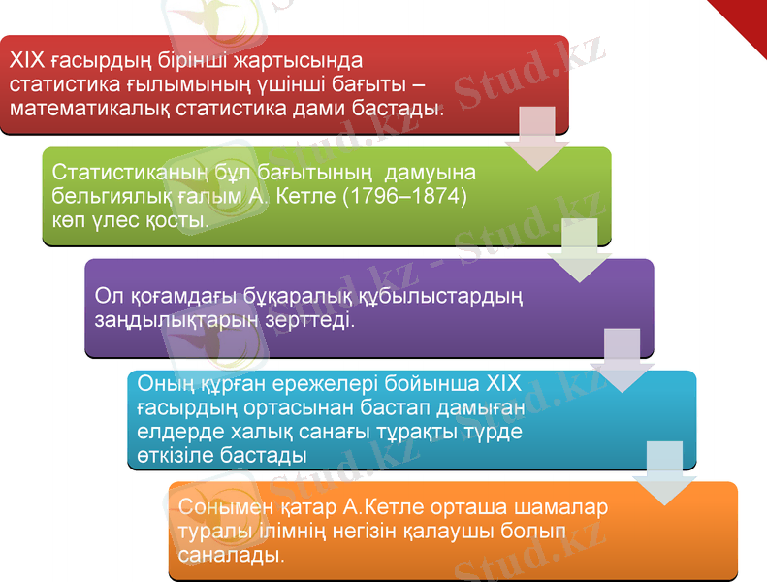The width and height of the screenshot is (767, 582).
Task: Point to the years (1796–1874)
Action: (405, 196)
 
